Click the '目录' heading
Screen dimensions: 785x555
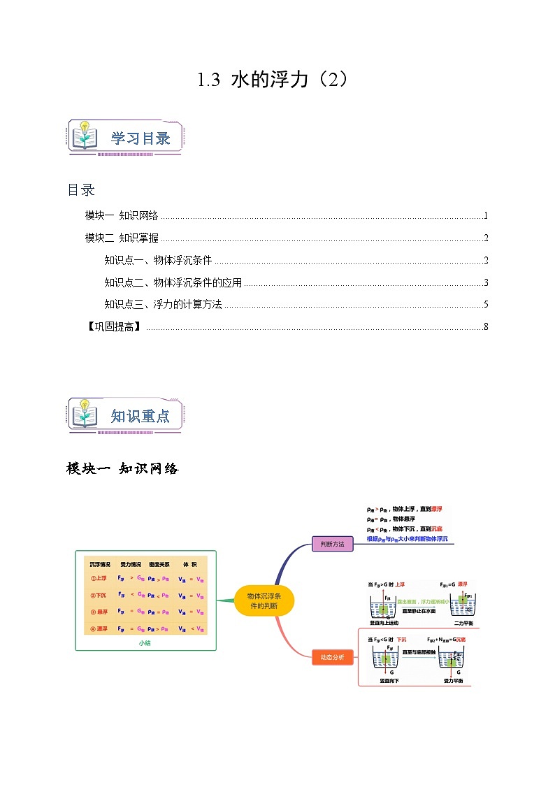tap(80, 189)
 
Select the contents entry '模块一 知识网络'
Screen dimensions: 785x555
tap(121, 215)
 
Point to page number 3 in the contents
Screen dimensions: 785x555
tap(485, 282)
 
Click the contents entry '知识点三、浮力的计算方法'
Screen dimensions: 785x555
tap(163, 304)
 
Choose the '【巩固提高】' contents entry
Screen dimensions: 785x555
tap(113, 326)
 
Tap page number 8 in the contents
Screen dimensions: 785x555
tap(485, 326)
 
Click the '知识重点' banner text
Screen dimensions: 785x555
tap(140, 416)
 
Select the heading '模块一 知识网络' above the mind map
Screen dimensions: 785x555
tap(122, 468)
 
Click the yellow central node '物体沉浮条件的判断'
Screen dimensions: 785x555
tap(264, 600)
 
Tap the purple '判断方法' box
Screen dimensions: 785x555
tap(332, 543)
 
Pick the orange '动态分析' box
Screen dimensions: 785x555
tap(332, 657)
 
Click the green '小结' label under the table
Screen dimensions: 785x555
tap(145, 643)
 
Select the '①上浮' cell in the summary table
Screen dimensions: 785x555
tap(99, 578)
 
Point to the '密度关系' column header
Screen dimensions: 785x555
tap(159, 563)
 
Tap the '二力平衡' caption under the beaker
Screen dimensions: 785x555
tap(462, 622)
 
